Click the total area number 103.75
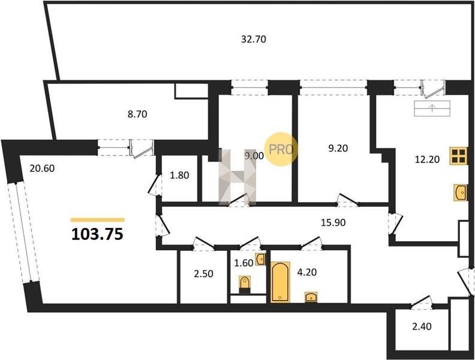pyautogui.click(x=97, y=234)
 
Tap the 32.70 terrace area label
pyautogui.click(x=254, y=39)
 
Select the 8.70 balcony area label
pyautogui.click(x=137, y=114)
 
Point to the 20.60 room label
pyautogui.click(x=42, y=168)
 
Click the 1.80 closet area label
pyautogui.click(x=179, y=175)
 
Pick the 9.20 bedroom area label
pyautogui.click(x=338, y=148)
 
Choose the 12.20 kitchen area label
pyautogui.click(x=427, y=159)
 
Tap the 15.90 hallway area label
pyautogui.click(x=333, y=223)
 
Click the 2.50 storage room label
pyautogui.click(x=203, y=274)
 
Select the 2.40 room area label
pyautogui.click(x=422, y=326)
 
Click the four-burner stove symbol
pyautogui.click(x=458, y=156)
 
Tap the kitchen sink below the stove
pyautogui.click(x=461, y=192)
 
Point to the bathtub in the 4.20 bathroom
pyautogui.click(x=281, y=283)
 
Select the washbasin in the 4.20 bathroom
pyautogui.click(x=311, y=297)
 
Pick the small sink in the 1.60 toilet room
pyautogui.click(x=260, y=259)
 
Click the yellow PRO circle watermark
pyautogui.click(x=281, y=149)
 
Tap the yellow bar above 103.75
pyautogui.click(x=98, y=220)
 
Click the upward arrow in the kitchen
pyautogui.click(x=432, y=108)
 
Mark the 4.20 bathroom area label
pyautogui.click(x=307, y=272)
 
